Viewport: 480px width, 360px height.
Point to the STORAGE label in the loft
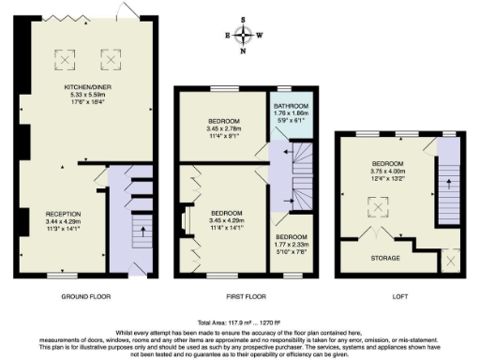[384, 258]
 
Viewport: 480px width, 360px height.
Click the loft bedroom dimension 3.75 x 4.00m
[384, 170]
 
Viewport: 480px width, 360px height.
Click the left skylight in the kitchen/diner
[65, 59]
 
